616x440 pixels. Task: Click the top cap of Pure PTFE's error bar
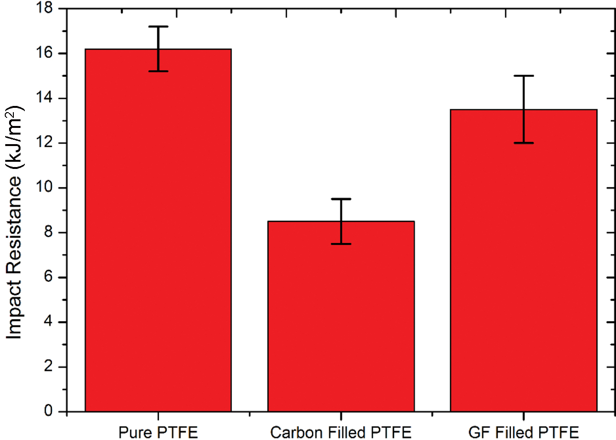click(x=158, y=27)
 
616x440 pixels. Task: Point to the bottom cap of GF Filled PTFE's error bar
click(x=523, y=143)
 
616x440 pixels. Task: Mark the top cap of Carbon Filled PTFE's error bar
click(x=341, y=199)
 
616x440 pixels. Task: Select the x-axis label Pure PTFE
click(x=158, y=432)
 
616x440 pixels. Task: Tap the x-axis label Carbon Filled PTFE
click(x=341, y=432)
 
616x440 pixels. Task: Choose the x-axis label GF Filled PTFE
click(x=523, y=432)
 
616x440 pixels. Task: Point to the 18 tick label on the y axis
click(x=46, y=9)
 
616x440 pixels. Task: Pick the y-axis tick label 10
click(x=46, y=188)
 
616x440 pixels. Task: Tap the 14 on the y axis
click(x=46, y=98)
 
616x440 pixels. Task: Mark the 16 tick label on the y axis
click(x=46, y=53)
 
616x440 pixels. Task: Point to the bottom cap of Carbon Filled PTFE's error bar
click(x=341, y=244)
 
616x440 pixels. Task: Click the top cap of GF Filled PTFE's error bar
click(x=523, y=76)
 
